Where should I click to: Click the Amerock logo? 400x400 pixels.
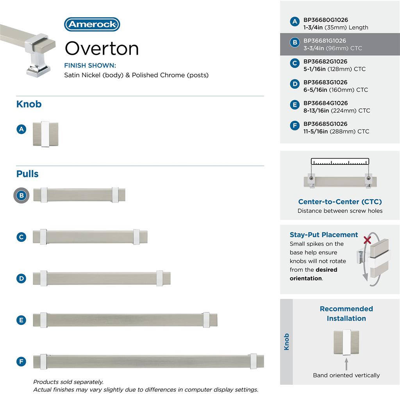pyautogui.click(x=92, y=24)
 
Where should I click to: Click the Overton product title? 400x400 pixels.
pyautogui.click(x=102, y=48)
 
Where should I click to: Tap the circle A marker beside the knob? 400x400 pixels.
pyautogui.click(x=21, y=129)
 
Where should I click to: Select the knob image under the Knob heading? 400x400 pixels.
pyautogui.click(x=45, y=134)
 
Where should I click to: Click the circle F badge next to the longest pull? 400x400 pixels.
pyautogui.click(x=21, y=362)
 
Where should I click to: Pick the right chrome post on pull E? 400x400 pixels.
pyautogui.click(x=206, y=320)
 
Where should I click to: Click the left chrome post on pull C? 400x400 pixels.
pyautogui.click(x=43, y=237)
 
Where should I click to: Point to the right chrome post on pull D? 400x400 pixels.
pyautogui.click(x=159, y=278)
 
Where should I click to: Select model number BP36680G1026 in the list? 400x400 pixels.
pyautogui.click(x=325, y=20)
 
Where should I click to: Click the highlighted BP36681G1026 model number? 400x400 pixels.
pyautogui.click(x=325, y=41)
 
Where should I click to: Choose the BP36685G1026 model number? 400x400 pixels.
pyautogui.click(x=325, y=124)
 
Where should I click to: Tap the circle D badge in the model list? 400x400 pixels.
pyautogui.click(x=295, y=84)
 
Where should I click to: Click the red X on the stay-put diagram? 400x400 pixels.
pyautogui.click(x=367, y=240)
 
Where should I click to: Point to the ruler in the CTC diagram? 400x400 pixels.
pyautogui.click(x=340, y=162)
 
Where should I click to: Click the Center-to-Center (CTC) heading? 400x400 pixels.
pyautogui.click(x=340, y=202)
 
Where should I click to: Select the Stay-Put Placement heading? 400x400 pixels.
pyautogui.click(x=324, y=235)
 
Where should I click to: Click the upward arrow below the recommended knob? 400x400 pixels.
pyautogui.click(x=346, y=364)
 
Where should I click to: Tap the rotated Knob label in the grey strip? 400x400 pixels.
pyautogui.click(x=287, y=341)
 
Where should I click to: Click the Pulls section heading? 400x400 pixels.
pyautogui.click(x=27, y=174)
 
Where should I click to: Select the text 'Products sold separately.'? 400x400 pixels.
pyautogui.click(x=68, y=382)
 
